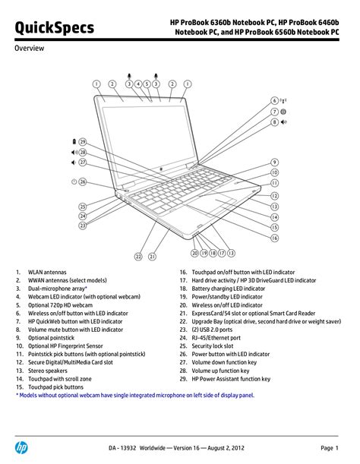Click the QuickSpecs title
[x=55, y=28]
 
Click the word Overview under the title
[x=30, y=48]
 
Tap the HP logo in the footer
[x=21, y=447]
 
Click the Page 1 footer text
[x=330, y=448]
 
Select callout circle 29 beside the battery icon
[x=82, y=142]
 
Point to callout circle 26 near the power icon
[x=83, y=181]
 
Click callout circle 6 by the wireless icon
[x=275, y=101]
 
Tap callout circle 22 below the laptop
[x=138, y=257]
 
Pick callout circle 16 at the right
[x=275, y=238]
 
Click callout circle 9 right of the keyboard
[x=275, y=163]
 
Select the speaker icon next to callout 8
[x=283, y=122]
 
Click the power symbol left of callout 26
[x=74, y=181]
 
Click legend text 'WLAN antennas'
[x=47, y=272]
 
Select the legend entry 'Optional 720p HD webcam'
[x=60, y=305]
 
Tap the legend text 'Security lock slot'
[x=213, y=346]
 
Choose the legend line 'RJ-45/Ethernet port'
[x=216, y=338]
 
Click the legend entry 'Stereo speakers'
[x=48, y=371]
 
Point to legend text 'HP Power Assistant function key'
[x=231, y=379]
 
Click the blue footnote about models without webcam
[x=135, y=395]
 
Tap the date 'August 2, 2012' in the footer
[x=226, y=448]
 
